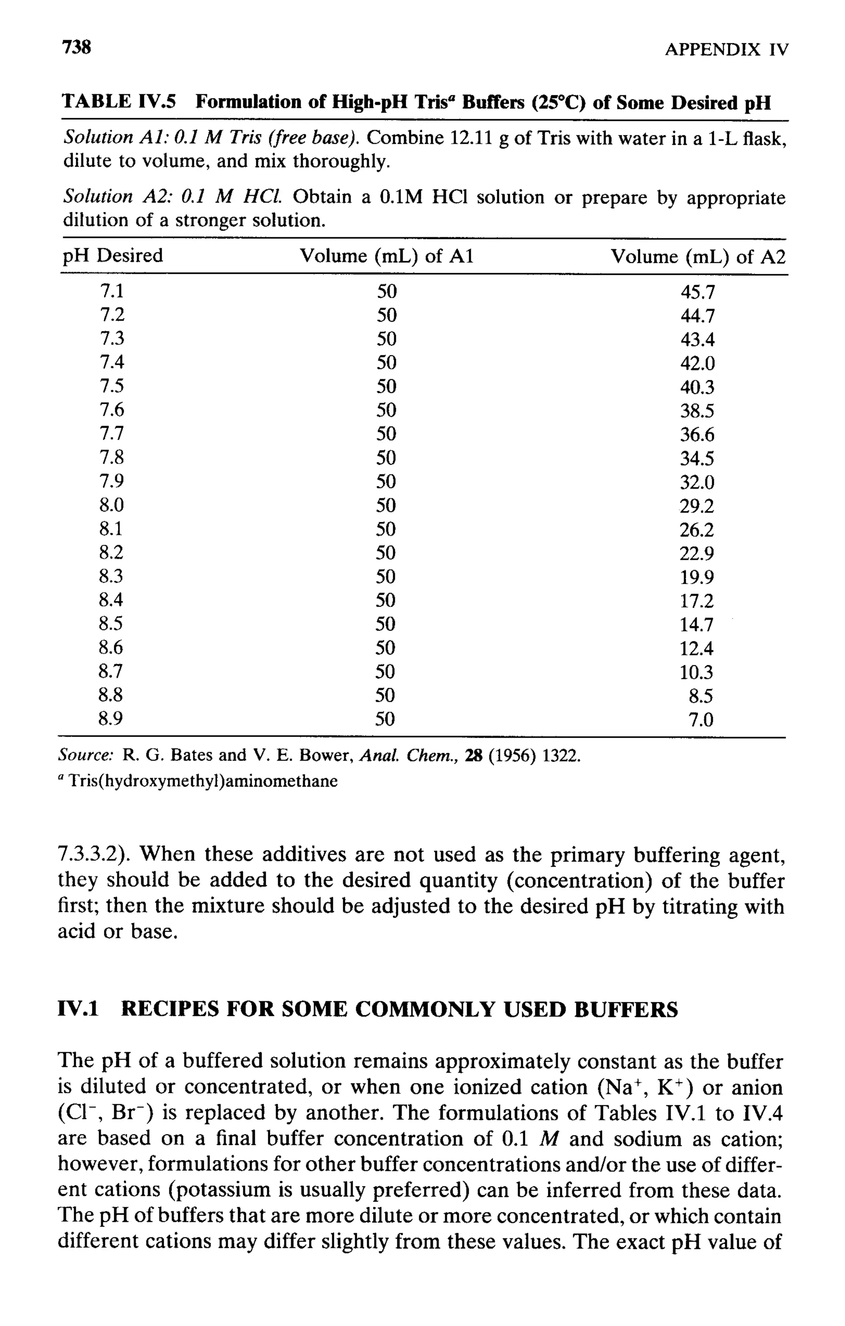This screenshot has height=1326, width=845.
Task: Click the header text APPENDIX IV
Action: click(726, 50)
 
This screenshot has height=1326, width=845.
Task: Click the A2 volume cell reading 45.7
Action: click(697, 292)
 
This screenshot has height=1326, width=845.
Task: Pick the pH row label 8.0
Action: click(112, 504)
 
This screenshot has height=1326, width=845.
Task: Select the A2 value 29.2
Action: click(697, 506)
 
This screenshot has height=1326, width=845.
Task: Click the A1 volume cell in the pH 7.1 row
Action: click(387, 291)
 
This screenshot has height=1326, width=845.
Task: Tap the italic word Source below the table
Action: click(85, 755)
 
